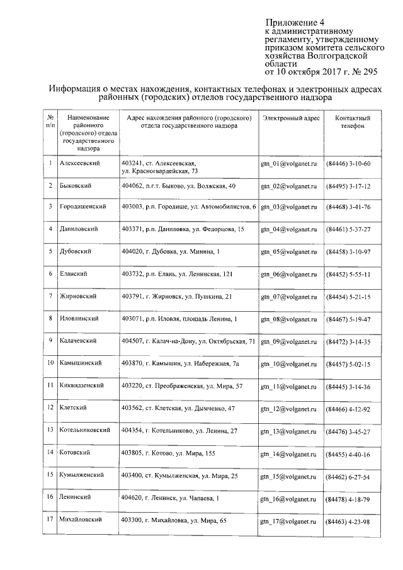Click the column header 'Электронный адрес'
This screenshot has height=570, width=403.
[291, 118]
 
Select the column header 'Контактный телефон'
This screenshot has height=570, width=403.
[352, 122]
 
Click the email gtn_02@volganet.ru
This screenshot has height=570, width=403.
[288, 187]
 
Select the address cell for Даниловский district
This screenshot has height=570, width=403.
[183, 228]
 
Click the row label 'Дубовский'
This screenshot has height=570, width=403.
[75, 251]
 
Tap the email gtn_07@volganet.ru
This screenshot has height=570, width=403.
[288, 297]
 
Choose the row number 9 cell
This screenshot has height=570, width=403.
[49, 341]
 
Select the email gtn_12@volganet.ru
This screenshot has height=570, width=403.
[288, 409]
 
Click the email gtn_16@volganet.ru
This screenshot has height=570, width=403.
[288, 499]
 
